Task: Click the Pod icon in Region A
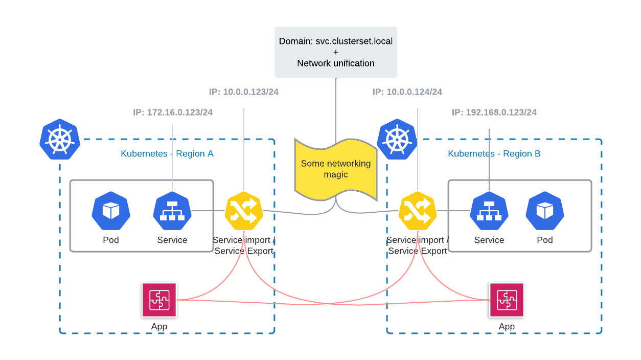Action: [x=111, y=211]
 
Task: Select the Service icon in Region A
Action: [x=172, y=211]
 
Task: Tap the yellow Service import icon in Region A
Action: [x=244, y=211]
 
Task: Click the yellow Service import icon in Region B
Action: [x=418, y=211]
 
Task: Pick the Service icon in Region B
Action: [x=489, y=211]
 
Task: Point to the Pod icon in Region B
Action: [x=545, y=211]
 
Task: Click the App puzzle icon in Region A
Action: [x=159, y=300]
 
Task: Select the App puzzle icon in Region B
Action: [x=507, y=300]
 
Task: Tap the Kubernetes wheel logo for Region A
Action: [x=60, y=139]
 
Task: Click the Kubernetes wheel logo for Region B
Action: [x=397, y=139]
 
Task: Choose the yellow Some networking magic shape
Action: [x=336, y=169]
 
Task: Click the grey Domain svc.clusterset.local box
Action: [x=336, y=52]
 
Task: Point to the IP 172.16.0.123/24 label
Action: [x=173, y=112]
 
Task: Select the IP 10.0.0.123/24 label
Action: [x=244, y=92]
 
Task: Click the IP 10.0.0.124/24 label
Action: [x=407, y=92]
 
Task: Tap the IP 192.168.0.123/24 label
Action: [x=494, y=112]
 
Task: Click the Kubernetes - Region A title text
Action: [x=167, y=153]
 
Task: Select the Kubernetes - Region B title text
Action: [x=494, y=153]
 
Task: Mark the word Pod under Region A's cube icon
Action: [x=111, y=240]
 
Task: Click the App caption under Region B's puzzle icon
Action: [x=507, y=327]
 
